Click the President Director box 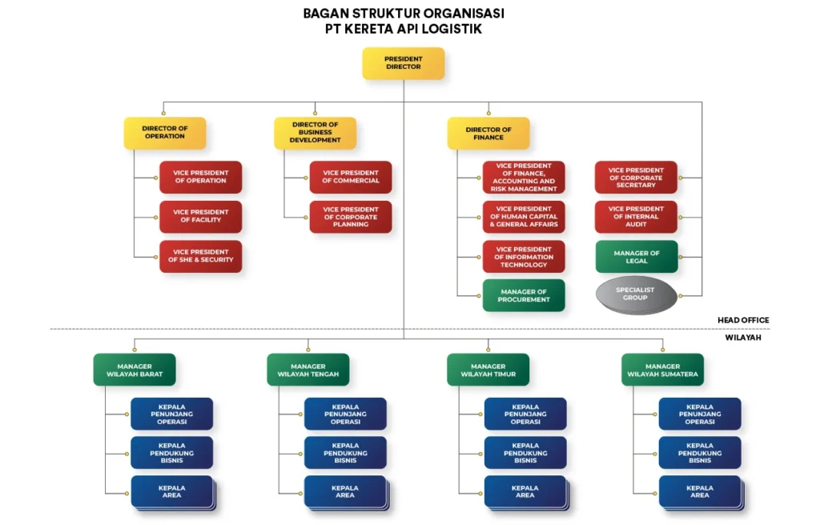click(403, 63)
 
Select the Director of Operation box click(164, 133)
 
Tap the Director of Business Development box click(315, 133)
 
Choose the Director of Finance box click(488, 133)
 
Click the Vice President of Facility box click(200, 216)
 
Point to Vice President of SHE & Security click(200, 256)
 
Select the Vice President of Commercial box click(351, 177)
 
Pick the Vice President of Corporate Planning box click(351, 217)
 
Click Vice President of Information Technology click(524, 257)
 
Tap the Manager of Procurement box click(524, 295)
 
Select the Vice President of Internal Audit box click(636, 217)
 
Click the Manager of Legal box click(636, 257)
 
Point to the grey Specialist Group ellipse click(636, 294)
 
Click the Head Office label click(742, 320)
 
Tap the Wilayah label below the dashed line click(744, 338)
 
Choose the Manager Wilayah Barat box click(134, 370)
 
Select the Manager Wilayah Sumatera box click(661, 370)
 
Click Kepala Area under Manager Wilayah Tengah click(345, 491)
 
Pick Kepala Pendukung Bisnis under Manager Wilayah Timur click(525, 453)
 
